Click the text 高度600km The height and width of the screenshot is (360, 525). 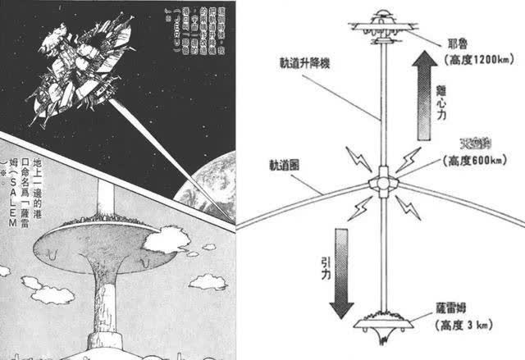click(x=474, y=161)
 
